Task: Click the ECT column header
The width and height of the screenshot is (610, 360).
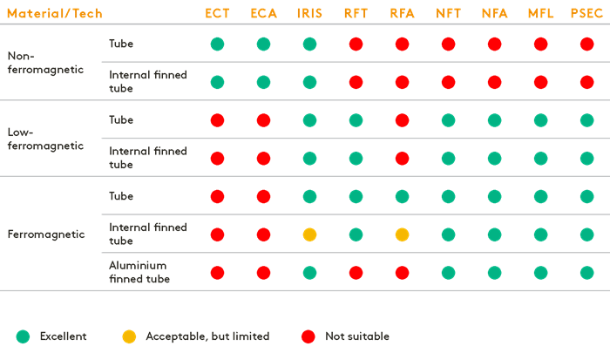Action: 217,13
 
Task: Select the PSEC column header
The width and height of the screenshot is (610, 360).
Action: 586,13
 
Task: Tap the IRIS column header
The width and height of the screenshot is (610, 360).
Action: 309,13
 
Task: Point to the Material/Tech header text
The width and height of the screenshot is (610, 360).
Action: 54,13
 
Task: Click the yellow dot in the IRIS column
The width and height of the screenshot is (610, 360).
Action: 309,234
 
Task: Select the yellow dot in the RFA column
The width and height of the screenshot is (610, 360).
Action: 402,234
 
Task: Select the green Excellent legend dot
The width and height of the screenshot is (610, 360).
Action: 23,336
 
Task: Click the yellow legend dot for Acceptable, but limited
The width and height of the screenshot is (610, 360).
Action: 130,336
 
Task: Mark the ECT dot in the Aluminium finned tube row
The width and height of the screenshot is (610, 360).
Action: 217,273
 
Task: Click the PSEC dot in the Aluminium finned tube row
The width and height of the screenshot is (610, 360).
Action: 586,273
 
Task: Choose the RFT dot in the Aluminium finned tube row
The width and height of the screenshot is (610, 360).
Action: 356,273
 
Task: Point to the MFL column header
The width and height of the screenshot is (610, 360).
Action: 540,13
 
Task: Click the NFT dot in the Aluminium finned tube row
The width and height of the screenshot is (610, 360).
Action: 448,273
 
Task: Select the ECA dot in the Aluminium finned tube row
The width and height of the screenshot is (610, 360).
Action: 263,273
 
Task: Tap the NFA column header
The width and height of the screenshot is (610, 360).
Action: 494,13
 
